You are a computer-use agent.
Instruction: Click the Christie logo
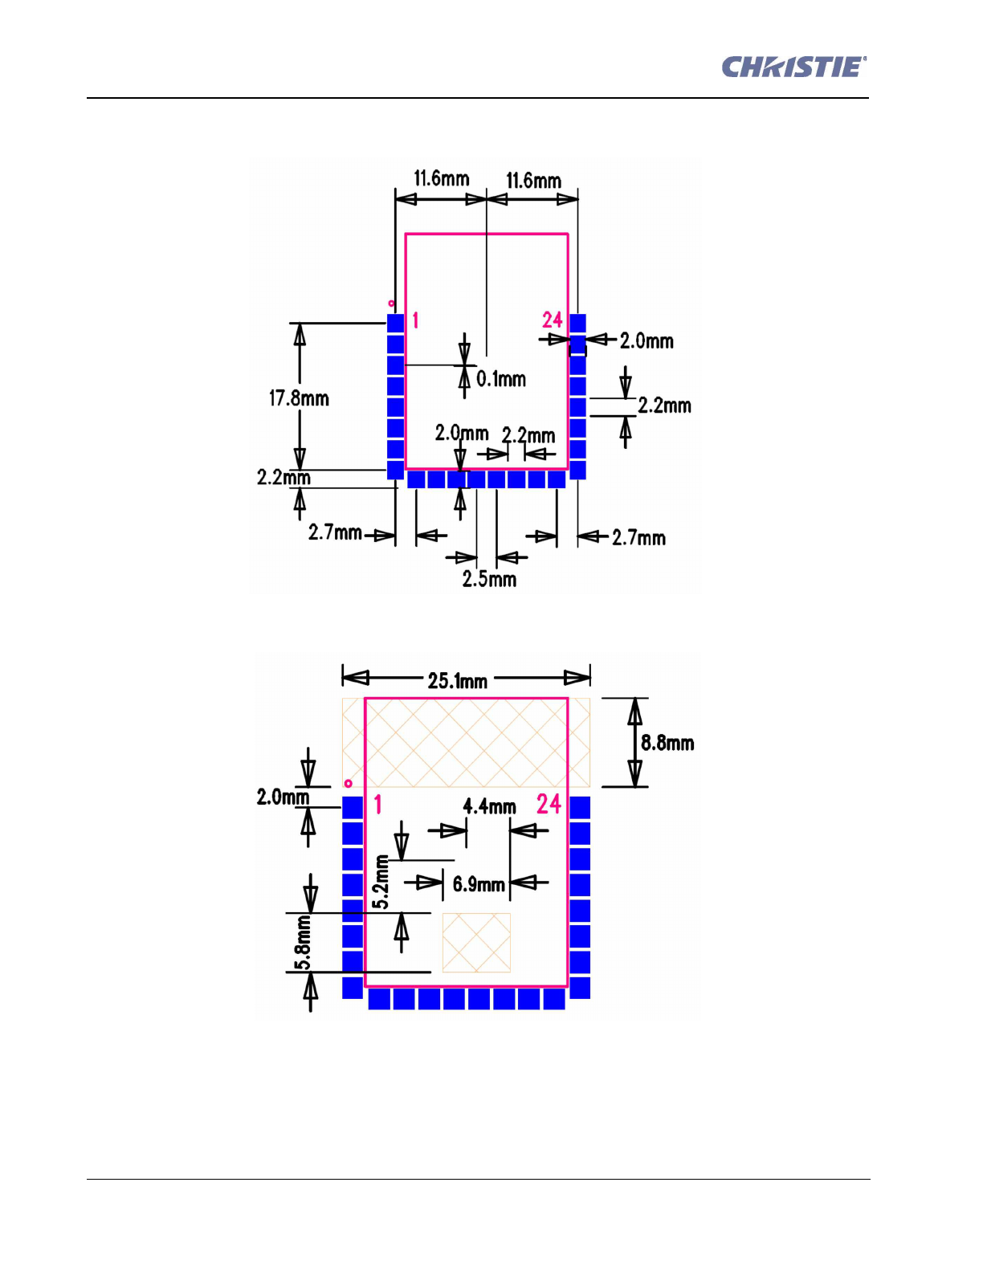pyautogui.click(x=793, y=67)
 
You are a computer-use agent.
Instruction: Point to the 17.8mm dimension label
pyautogui.click(x=299, y=398)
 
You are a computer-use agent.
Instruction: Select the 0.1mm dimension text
pyautogui.click(x=501, y=379)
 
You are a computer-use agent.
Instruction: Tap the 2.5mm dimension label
pyautogui.click(x=489, y=579)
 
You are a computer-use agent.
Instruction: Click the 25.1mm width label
pyautogui.click(x=457, y=681)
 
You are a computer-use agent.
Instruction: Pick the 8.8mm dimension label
pyautogui.click(x=667, y=743)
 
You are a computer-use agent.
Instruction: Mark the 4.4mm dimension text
pyautogui.click(x=489, y=806)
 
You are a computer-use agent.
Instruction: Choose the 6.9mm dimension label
pyautogui.click(x=479, y=885)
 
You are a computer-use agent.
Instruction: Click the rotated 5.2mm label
pyautogui.click(x=381, y=883)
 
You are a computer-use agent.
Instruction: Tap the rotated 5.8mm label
pyautogui.click(x=302, y=944)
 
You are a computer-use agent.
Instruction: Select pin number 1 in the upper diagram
pyautogui.click(x=415, y=320)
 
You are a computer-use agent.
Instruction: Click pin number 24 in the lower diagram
pyautogui.click(x=549, y=804)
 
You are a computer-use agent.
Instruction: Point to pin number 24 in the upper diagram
pyautogui.click(x=552, y=320)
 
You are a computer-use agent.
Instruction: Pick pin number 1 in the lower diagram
pyautogui.click(x=377, y=804)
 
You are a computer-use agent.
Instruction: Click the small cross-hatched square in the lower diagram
pyautogui.click(x=476, y=943)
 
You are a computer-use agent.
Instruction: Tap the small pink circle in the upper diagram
pyautogui.click(x=391, y=304)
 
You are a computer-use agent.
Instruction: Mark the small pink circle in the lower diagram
pyautogui.click(x=348, y=783)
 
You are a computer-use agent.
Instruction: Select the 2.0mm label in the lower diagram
pyautogui.click(x=283, y=797)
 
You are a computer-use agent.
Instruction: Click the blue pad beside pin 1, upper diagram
pyautogui.click(x=395, y=323)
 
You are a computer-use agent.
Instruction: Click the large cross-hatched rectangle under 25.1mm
pyautogui.click(x=466, y=743)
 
